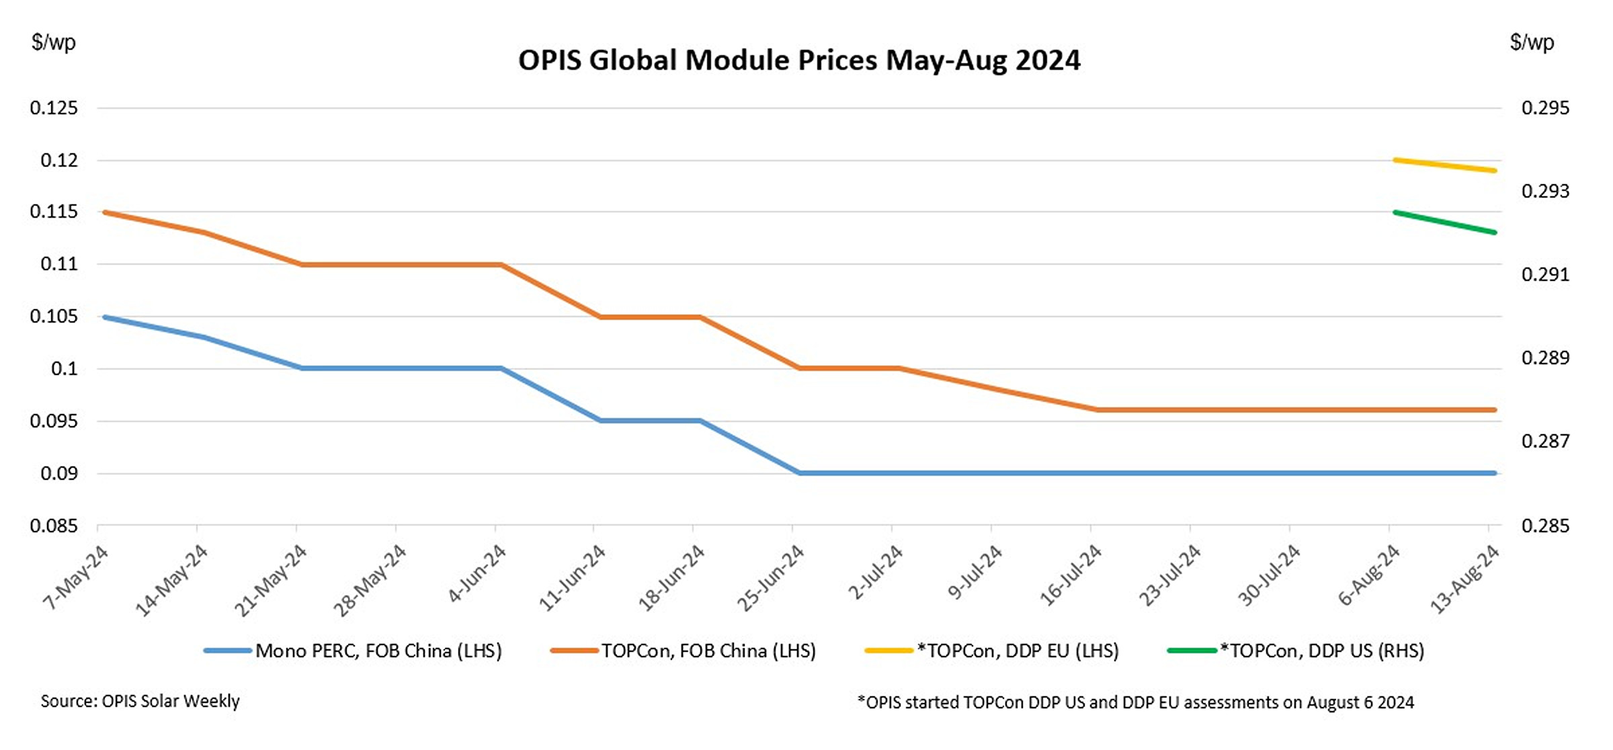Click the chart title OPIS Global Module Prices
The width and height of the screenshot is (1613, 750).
(798, 60)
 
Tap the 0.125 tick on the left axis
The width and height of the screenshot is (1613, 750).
(54, 108)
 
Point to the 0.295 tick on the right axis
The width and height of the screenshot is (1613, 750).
(1545, 108)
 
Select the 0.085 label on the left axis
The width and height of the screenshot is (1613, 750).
(54, 526)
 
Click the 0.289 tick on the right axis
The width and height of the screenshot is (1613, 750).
(1545, 358)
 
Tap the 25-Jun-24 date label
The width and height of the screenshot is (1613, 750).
(771, 577)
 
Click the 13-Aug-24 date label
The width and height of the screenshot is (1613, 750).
(1464, 579)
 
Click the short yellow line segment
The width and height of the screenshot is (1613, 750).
(1444, 165)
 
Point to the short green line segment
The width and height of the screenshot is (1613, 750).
(1444, 222)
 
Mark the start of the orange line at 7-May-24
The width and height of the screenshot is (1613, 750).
(105, 212)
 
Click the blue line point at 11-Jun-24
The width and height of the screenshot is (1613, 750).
(600, 421)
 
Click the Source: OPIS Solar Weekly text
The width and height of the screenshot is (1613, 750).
(140, 701)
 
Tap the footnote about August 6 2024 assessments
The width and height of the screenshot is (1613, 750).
(1135, 702)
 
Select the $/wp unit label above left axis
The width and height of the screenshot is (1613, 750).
(53, 42)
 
